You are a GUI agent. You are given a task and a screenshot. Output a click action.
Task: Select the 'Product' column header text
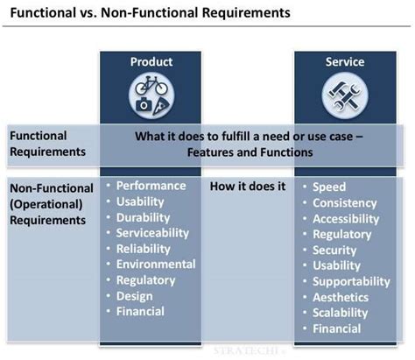[151, 62]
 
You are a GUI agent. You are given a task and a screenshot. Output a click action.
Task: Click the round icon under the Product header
[151, 93]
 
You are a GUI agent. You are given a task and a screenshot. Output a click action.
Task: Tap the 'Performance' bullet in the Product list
[151, 186]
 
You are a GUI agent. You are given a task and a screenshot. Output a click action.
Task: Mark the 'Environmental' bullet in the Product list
[156, 265]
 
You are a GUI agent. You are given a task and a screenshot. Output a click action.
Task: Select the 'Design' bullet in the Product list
[136, 296]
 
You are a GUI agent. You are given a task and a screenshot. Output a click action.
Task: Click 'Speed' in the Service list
[329, 187]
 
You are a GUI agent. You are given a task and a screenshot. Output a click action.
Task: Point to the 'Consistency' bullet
[345, 202]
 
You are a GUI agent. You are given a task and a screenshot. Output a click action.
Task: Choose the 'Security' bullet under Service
[335, 250]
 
